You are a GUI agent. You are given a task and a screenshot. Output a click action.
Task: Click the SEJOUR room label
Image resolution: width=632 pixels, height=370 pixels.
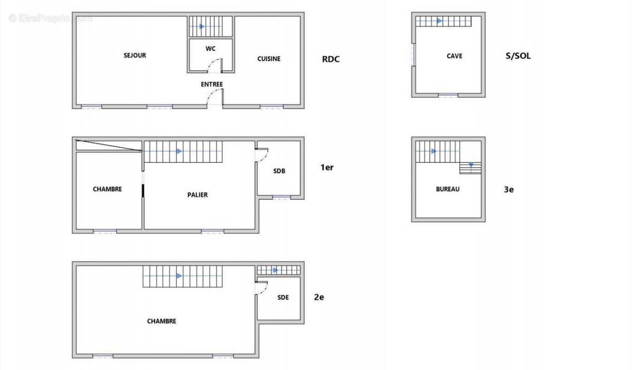[x=135, y=55]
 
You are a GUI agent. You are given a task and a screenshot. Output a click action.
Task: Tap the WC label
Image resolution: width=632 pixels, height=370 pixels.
[x=211, y=48]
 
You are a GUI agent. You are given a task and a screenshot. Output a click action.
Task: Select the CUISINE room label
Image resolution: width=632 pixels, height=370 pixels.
[x=269, y=59]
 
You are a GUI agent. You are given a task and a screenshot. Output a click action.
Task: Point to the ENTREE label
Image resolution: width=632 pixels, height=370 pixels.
[x=212, y=84]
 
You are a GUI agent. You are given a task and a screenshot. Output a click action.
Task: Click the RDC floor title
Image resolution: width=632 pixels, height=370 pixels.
[x=331, y=59]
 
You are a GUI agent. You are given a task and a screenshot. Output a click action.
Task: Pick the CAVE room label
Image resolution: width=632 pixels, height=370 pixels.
[x=455, y=56]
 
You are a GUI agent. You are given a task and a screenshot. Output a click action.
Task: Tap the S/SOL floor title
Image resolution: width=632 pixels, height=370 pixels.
[x=518, y=56]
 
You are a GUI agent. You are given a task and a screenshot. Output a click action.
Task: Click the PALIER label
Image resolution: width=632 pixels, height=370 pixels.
[x=197, y=194]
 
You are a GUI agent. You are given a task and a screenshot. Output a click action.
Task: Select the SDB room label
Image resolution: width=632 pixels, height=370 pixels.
[x=279, y=171]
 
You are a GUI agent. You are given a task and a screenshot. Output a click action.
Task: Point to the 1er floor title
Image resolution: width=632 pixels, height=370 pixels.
[x=327, y=167]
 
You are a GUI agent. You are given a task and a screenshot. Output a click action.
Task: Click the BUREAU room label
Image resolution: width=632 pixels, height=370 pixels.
[x=448, y=189]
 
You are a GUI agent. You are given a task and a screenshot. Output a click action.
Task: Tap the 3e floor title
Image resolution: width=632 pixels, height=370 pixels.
[x=509, y=190]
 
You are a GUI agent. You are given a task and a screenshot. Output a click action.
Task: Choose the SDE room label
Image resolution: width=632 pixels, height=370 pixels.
[x=283, y=297]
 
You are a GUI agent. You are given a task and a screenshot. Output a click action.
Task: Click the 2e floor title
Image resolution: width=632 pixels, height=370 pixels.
[x=319, y=297]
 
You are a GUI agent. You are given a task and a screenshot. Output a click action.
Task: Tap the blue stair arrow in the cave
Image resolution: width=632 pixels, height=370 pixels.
[x=439, y=21]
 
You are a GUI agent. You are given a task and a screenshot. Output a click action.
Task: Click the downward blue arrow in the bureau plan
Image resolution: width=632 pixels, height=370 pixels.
[x=471, y=164]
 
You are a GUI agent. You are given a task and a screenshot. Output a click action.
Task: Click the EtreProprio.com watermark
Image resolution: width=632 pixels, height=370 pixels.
[x=50, y=18]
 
